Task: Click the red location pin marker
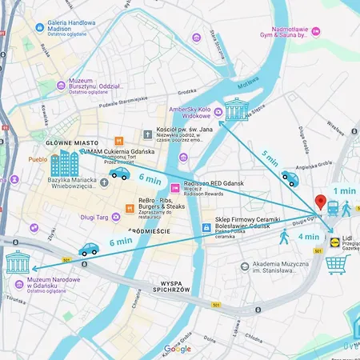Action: pos(321,202)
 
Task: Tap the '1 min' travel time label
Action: pos(344,190)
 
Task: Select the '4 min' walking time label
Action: pos(308,237)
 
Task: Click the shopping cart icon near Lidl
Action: pos(336,263)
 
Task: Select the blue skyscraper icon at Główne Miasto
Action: pos(64,163)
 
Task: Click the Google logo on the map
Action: pos(178,349)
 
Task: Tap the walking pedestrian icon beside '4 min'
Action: pos(284,237)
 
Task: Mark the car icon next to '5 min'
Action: pos(290,179)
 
